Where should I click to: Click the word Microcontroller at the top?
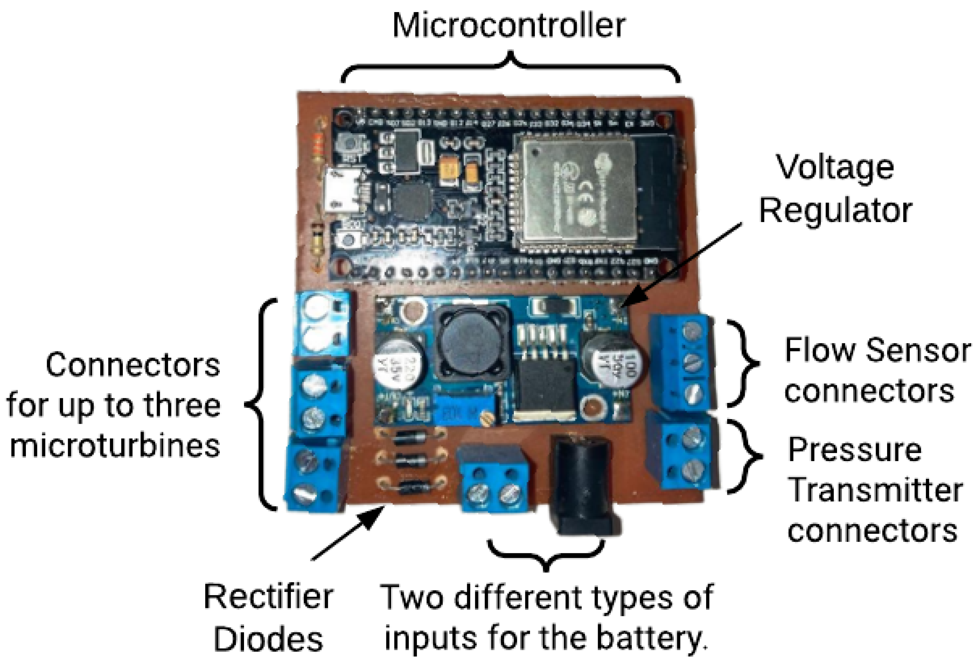[509, 26]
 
